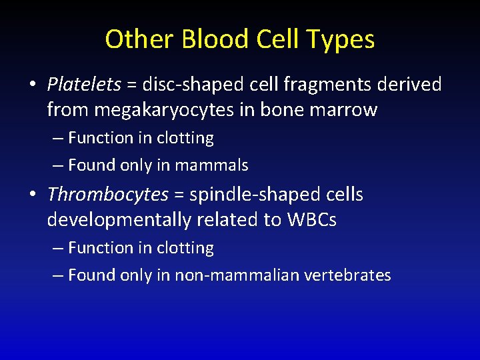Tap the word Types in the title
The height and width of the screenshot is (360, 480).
pyautogui.click(x=341, y=39)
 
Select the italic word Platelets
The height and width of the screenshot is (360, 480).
pyautogui.click(x=84, y=84)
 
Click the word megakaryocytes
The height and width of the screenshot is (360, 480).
pyautogui.click(x=169, y=109)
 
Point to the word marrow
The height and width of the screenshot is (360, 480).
pyautogui.click(x=345, y=109)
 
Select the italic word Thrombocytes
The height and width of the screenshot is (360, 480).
pyautogui.click(x=107, y=195)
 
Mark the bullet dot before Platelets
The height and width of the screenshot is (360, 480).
pyautogui.click(x=32, y=85)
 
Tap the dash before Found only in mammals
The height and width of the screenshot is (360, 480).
pyautogui.click(x=58, y=165)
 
